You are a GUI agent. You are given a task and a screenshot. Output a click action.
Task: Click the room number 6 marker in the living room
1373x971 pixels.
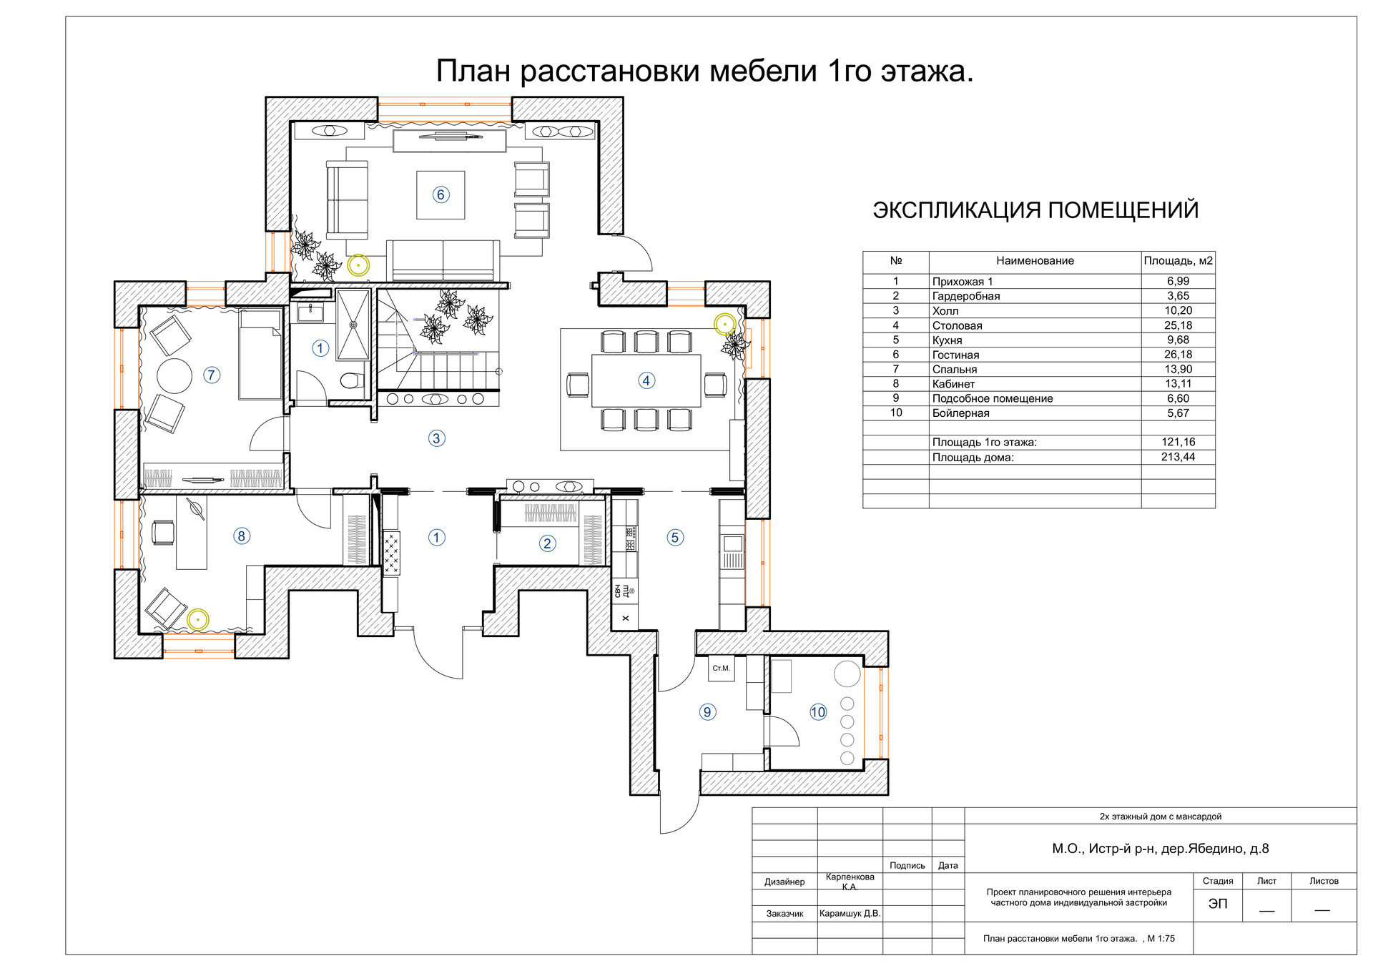tap(441, 194)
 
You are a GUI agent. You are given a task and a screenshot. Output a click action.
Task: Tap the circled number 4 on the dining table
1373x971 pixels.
tap(646, 380)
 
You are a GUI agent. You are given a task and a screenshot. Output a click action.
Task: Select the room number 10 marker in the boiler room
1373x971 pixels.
tap(818, 712)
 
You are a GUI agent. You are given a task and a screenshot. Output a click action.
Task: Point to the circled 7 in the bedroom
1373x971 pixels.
tap(212, 375)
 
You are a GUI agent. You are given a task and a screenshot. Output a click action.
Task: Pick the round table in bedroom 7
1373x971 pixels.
tap(174, 375)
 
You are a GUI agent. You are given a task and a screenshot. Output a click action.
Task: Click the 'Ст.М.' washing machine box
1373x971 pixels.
tap(721, 669)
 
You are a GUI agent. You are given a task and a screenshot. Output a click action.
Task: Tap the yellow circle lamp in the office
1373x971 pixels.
tap(198, 619)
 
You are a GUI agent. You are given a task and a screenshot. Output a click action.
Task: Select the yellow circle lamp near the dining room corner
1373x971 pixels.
tap(725, 324)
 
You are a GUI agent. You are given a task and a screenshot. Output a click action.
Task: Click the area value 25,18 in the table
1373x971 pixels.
tap(1178, 325)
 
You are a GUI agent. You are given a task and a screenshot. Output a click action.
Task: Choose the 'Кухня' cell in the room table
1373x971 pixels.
tap(948, 340)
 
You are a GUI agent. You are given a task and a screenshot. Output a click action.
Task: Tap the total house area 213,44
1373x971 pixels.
tap(1178, 457)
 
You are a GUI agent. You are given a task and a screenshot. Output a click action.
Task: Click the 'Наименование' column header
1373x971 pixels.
tap(1035, 261)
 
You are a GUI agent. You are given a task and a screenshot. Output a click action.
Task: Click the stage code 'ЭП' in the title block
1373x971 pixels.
tap(1218, 904)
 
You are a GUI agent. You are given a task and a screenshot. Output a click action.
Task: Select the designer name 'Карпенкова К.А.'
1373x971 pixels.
tap(850, 882)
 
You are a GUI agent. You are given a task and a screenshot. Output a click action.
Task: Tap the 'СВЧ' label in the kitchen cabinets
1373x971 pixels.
tap(618, 591)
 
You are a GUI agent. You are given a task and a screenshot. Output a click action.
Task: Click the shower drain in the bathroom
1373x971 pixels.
tap(353, 325)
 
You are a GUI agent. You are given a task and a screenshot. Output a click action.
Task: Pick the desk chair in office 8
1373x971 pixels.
tap(163, 533)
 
